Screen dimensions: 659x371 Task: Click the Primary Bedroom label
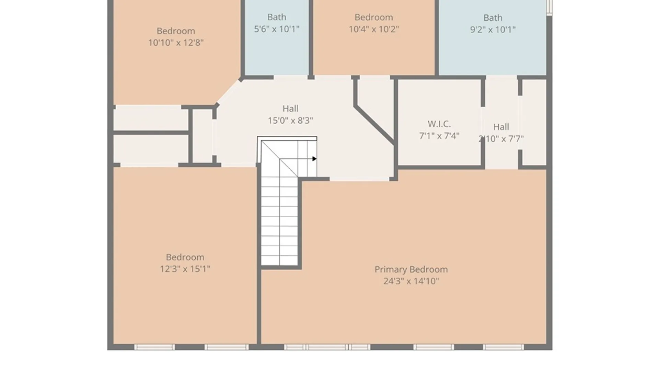click(x=411, y=270)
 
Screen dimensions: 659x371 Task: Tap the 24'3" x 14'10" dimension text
click(x=411, y=281)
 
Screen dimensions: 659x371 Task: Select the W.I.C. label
click(x=439, y=124)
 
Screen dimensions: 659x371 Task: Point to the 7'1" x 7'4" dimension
click(x=439, y=136)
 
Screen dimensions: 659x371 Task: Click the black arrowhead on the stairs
click(x=314, y=159)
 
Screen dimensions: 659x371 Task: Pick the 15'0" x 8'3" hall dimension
click(x=290, y=121)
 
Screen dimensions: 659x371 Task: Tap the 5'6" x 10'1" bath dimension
click(x=277, y=29)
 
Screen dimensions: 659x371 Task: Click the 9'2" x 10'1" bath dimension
click(x=493, y=30)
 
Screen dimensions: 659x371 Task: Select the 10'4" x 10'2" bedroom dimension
click(x=374, y=29)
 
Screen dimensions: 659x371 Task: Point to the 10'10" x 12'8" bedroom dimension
click(x=176, y=43)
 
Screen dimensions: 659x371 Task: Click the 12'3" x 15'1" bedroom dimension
click(x=185, y=269)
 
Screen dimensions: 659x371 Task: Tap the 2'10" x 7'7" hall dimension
click(x=501, y=139)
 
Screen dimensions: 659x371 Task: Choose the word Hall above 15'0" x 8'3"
click(x=290, y=109)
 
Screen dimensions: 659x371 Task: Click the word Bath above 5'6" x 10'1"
click(x=277, y=17)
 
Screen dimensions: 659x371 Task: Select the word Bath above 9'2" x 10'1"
click(x=493, y=18)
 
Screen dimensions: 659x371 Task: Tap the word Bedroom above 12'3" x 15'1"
click(x=185, y=257)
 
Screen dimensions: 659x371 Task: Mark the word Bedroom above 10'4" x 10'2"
click(x=374, y=18)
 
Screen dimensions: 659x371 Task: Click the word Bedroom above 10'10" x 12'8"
click(x=176, y=31)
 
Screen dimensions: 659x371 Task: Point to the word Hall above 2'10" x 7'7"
click(x=501, y=127)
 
